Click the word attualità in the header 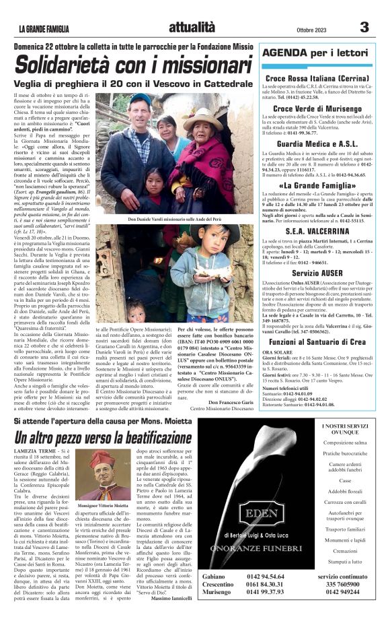pos(192,28)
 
